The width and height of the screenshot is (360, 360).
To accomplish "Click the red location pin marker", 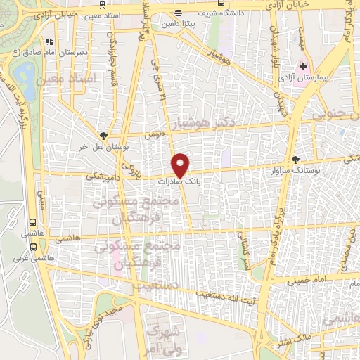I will point(181,165).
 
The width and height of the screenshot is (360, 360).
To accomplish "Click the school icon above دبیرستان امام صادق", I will point(48,41).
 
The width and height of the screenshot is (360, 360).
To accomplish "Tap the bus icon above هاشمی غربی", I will point(33,247).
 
